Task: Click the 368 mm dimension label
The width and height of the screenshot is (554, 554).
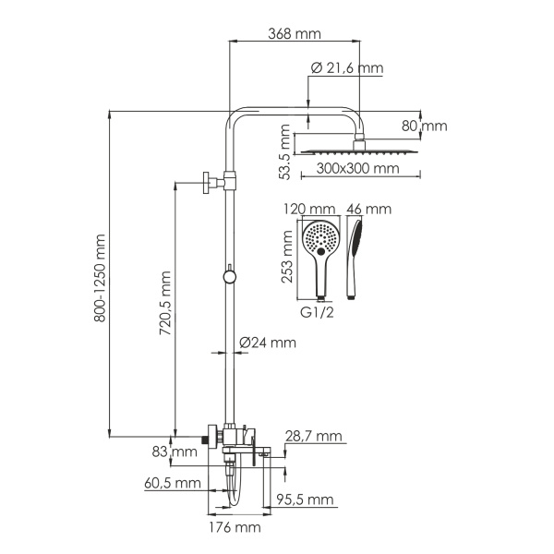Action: (295, 34)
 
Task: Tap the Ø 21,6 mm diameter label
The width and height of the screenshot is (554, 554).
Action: (346, 68)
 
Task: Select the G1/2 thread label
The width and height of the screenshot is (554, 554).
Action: (319, 313)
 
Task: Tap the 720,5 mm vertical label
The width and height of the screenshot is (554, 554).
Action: (165, 307)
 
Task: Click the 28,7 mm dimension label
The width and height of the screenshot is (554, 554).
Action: (315, 436)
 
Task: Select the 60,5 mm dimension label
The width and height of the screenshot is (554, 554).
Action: (172, 482)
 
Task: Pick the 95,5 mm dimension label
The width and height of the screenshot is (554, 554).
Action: (304, 500)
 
